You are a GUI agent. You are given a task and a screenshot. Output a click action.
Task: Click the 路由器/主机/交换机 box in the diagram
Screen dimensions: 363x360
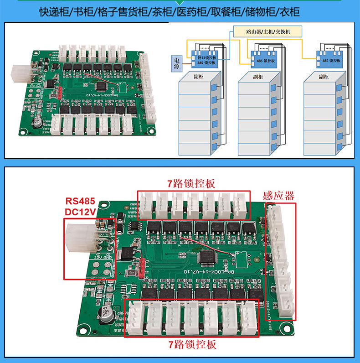pyautogui.click(x=267, y=32)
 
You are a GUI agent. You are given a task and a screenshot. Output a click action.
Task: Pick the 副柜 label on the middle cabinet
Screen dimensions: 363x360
pyautogui.click(x=257, y=77)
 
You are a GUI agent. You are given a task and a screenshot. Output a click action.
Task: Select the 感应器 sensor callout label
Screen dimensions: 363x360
pyautogui.click(x=278, y=196)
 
